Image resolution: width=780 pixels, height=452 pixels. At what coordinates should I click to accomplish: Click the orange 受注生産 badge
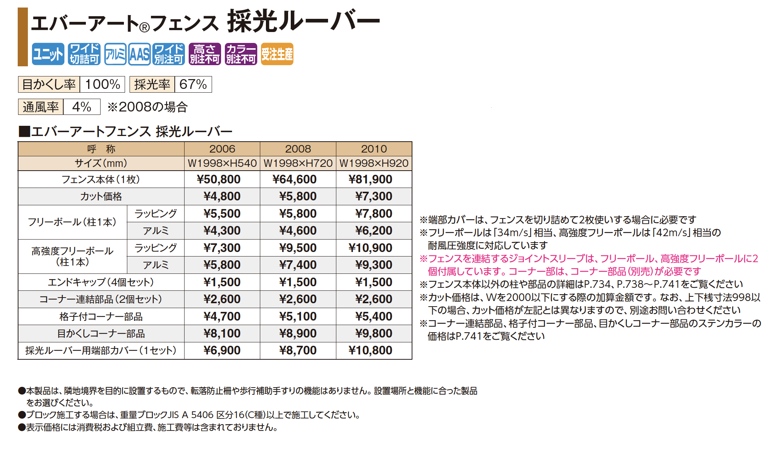point(277,54)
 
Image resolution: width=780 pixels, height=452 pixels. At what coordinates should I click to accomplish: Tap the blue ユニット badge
point(48,54)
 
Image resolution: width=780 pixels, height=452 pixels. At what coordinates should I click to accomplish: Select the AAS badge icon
point(139,54)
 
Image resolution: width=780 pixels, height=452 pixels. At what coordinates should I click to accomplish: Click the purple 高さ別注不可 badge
point(205,54)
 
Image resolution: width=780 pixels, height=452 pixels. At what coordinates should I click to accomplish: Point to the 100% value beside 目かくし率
point(102,84)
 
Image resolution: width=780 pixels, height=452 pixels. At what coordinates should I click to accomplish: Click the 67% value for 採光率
point(193,84)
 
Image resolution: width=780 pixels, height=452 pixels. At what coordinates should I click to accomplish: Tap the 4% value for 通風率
point(82,107)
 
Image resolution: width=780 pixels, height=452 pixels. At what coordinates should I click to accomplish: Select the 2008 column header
point(298,149)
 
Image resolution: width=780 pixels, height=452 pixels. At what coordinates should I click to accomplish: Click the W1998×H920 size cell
point(374,163)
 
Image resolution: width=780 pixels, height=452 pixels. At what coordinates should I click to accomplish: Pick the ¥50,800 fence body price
point(218,179)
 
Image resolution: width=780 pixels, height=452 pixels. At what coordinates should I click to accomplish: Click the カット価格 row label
point(101,197)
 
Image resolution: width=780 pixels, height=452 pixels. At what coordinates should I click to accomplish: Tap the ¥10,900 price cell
point(370,248)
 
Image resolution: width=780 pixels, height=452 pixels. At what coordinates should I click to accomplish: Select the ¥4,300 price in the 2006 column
point(222,231)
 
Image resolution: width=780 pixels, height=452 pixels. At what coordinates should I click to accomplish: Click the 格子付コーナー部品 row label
point(101,316)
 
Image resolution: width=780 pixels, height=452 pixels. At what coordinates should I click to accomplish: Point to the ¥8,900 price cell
point(298,333)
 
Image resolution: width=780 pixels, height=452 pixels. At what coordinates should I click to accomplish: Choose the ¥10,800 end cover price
point(370,350)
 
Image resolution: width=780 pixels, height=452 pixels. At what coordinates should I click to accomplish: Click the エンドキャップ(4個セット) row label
point(101,282)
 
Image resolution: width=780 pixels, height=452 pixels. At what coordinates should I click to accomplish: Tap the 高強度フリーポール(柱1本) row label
point(72,256)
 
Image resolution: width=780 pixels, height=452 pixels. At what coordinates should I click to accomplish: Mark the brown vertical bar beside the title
point(23,37)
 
